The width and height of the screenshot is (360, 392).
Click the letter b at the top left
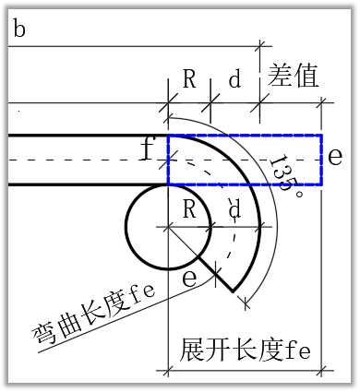click(x=19, y=30)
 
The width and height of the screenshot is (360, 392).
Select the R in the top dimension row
click(x=189, y=79)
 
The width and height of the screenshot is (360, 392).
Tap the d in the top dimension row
click(x=234, y=79)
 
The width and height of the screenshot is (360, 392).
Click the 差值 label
click(x=294, y=76)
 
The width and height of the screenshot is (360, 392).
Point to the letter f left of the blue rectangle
click(x=147, y=148)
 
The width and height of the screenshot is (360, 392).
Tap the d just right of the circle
click(x=234, y=211)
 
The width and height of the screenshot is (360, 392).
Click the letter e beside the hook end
click(x=189, y=278)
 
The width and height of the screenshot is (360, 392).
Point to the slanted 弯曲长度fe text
click(x=92, y=314)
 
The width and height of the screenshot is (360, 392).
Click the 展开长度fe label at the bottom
click(x=244, y=351)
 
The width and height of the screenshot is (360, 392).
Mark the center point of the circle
click(x=167, y=226)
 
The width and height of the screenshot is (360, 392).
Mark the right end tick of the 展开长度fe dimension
click(x=322, y=372)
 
